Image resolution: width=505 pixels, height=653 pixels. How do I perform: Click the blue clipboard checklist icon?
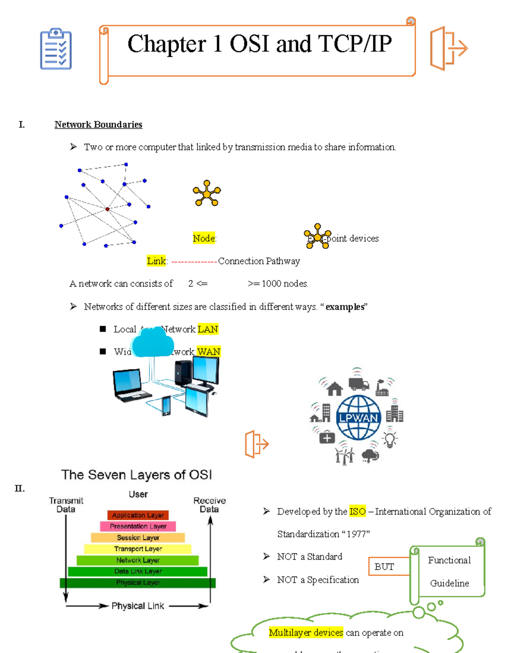coord(56,49)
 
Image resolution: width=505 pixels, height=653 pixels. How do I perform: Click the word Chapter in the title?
coord(167,44)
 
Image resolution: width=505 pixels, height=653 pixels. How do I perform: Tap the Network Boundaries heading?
coord(98,124)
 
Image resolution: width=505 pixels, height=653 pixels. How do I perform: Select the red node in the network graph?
coord(107,209)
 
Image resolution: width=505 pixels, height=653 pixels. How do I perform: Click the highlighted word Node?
coord(204,238)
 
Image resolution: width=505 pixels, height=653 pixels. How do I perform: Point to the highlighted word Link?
coord(156,261)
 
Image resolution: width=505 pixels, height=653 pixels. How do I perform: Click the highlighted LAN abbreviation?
coord(207,329)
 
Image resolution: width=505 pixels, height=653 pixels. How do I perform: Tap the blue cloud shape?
coord(151,341)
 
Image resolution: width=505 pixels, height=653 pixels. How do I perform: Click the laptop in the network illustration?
coord(129,385)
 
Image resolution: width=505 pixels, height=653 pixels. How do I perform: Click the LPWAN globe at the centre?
coord(359,417)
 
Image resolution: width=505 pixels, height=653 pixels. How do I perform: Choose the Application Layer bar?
coord(138,515)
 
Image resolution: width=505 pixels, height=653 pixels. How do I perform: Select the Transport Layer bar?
coord(138,549)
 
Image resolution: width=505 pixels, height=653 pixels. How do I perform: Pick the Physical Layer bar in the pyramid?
coord(138,583)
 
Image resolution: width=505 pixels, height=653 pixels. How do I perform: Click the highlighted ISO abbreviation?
coord(357,512)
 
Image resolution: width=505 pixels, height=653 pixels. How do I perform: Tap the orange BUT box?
coord(385,567)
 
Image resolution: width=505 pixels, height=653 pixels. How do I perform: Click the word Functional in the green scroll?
coord(449,560)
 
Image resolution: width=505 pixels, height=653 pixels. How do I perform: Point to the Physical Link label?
coord(138,606)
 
